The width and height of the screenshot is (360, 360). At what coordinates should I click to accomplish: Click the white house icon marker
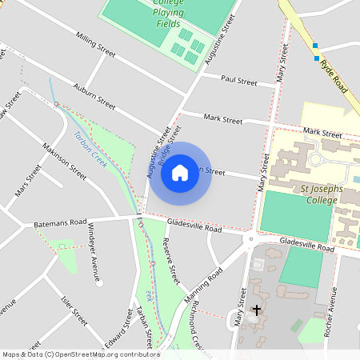coord(180,172)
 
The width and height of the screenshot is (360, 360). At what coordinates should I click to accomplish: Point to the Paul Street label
coord(238,81)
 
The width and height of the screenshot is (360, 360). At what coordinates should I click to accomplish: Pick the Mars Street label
coord(28,181)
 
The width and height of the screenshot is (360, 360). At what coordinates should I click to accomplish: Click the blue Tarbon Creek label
coord(90,143)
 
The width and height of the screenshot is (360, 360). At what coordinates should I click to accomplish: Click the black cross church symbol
coord(257,309)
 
